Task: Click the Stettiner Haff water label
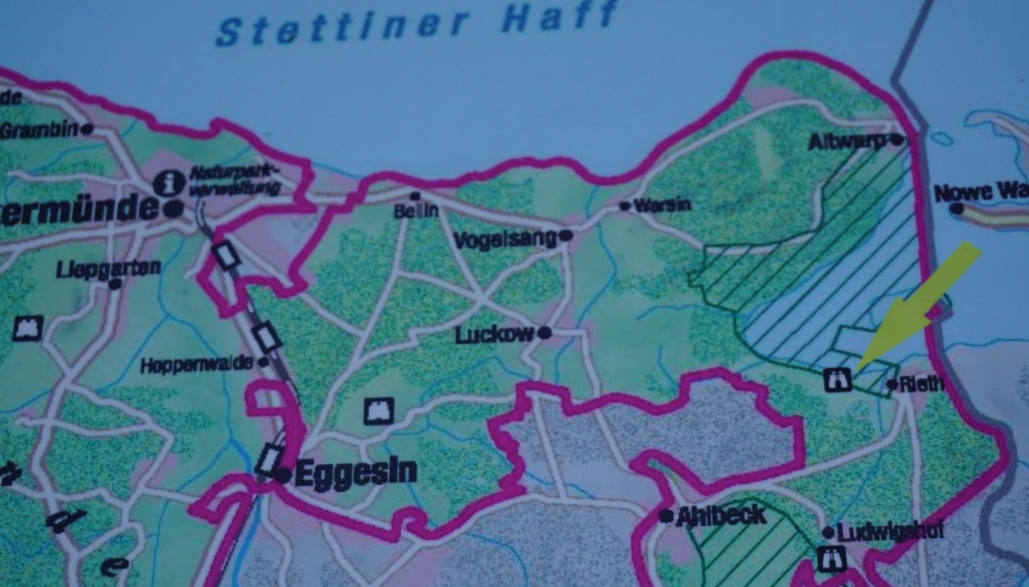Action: tap(417, 23)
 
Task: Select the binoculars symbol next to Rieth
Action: tap(837, 379)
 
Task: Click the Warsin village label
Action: tap(662, 205)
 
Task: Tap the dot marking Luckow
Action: tap(545, 332)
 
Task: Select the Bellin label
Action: tap(416, 211)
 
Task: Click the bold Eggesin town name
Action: tap(355, 473)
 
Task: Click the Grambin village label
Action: tap(39, 130)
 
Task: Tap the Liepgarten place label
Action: tap(108, 269)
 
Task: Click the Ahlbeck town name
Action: tap(720, 515)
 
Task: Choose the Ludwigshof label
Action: tap(878, 532)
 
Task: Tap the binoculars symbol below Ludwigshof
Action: tap(828, 559)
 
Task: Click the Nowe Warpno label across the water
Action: tap(981, 193)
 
